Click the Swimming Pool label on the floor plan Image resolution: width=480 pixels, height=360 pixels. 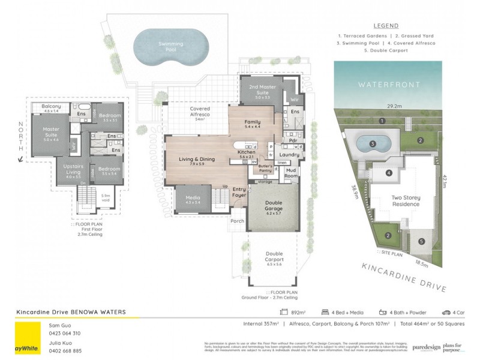point(171,47)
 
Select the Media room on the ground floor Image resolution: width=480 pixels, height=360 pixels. point(193,199)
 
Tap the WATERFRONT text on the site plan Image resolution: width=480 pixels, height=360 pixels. point(389,85)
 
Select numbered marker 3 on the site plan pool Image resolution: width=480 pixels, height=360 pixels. point(373,144)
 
